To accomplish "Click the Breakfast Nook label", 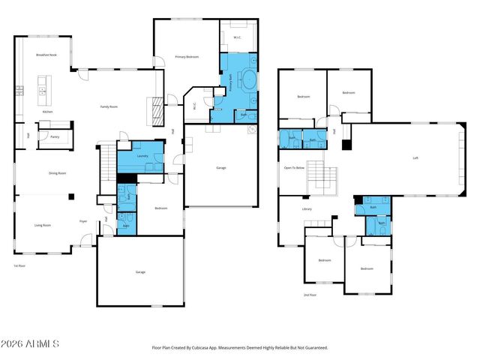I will click(x=46, y=55).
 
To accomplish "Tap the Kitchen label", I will click(x=47, y=111).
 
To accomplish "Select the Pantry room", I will click(x=55, y=137).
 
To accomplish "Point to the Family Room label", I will click(x=109, y=106).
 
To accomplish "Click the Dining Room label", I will click(x=58, y=173).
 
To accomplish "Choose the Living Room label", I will click(x=42, y=224).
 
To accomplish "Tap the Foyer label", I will click(x=84, y=221).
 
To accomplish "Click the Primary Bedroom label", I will click(x=187, y=56).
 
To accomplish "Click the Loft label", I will click(x=415, y=157).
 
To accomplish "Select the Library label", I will click(x=307, y=208).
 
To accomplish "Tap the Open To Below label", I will click(x=294, y=168).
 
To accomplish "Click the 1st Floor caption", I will click(x=19, y=265).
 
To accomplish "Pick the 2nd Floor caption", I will click(x=309, y=295).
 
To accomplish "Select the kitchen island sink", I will click(x=42, y=91).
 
